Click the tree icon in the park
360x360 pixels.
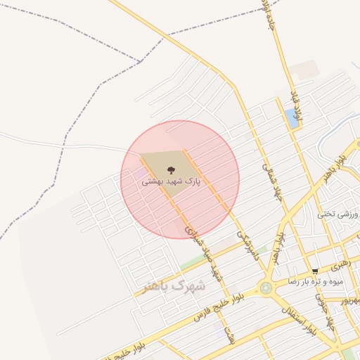coord(169,169)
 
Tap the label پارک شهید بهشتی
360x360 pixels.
coord(172,181)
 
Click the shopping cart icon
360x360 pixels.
coord(316,270)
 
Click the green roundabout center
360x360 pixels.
coord(266,288)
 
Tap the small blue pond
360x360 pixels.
coord(292,118)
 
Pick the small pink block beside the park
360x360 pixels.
coord(143,172)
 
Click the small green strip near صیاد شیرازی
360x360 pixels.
coord(190,264)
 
